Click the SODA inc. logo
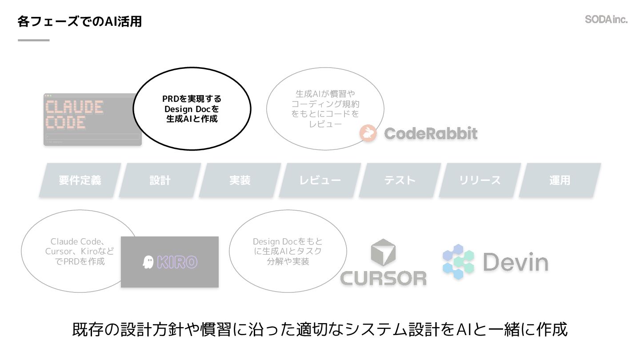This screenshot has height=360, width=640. (x=606, y=20)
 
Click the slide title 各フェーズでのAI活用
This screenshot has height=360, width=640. (x=80, y=21)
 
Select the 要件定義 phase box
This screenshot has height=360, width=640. (x=80, y=180)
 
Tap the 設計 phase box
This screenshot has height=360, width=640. (x=160, y=180)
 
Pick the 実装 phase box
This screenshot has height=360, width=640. (x=240, y=180)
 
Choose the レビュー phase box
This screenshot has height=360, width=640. (x=320, y=180)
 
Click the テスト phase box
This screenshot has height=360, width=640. (x=400, y=180)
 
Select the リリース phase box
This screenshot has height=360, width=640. (x=480, y=180)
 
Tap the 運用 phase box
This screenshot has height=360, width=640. (x=560, y=180)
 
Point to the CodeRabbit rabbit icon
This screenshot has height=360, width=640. (x=368, y=133)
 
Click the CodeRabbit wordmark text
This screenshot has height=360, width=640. (x=431, y=133)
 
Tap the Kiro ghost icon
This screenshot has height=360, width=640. (x=148, y=262)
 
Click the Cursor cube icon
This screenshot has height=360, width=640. (x=383, y=252)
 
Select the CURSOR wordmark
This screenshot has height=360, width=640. (x=383, y=278)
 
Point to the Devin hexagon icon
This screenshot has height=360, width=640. (x=458, y=262)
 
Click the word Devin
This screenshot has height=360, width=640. (x=516, y=262)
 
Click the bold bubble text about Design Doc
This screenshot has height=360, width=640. (x=192, y=109)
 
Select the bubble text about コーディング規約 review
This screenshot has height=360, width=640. (x=325, y=109)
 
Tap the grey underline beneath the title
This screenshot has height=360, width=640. (x=34, y=40)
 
